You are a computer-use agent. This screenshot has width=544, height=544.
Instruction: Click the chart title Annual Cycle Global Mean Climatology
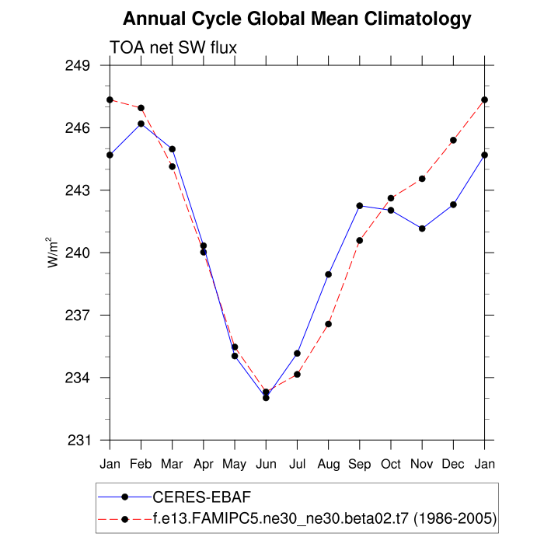[x=297, y=19]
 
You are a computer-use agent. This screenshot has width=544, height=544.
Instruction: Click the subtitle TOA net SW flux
[x=173, y=47]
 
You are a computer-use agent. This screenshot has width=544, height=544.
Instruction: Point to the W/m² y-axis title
[x=54, y=252]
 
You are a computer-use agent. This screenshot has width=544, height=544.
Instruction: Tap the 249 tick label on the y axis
[x=79, y=65]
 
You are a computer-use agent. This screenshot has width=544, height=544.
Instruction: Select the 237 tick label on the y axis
[x=79, y=316]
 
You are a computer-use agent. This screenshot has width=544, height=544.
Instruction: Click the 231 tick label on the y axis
[x=79, y=441]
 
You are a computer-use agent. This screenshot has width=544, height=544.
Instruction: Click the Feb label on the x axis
[x=141, y=463]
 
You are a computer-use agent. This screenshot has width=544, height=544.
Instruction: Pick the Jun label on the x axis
[x=266, y=463]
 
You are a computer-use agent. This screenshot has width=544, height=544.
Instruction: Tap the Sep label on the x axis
[x=360, y=463]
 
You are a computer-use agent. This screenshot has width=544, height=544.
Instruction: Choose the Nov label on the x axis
[x=422, y=463]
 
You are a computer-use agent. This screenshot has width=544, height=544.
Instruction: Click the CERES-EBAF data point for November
[x=422, y=228]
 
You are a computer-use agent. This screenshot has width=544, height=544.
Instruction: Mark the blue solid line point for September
[x=360, y=205]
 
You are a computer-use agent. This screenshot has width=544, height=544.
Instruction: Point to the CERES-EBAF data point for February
[x=141, y=124]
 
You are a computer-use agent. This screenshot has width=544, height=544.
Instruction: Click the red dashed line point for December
[x=454, y=140]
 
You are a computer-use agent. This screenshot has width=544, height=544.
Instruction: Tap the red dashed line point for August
[x=329, y=324]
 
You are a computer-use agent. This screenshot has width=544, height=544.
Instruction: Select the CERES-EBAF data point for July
[x=297, y=354]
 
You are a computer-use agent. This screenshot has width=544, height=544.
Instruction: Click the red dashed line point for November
[x=422, y=179]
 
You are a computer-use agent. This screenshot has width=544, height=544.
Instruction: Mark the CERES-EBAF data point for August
[x=329, y=274]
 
